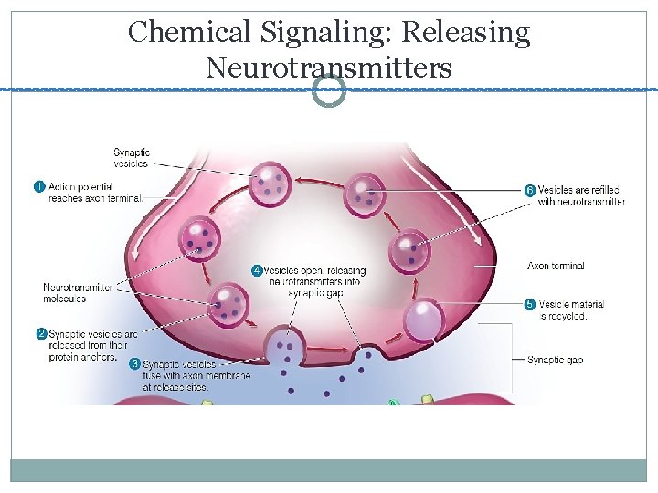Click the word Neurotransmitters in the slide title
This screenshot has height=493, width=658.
point(329,67)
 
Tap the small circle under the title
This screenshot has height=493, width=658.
point(329,90)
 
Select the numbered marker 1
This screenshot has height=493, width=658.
point(39,187)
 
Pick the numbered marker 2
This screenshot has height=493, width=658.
point(41,334)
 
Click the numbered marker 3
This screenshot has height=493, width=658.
point(134,363)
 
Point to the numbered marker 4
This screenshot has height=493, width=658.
point(257,270)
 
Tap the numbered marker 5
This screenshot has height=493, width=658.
point(529,305)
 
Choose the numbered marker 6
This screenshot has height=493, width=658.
point(529,190)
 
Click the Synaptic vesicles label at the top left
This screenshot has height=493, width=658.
point(132,158)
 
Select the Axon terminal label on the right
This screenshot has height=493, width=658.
point(556,266)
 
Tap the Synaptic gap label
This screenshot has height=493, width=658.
point(555,360)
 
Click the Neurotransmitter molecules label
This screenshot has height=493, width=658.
point(78,293)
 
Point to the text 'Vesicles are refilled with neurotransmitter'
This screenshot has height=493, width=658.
point(581,195)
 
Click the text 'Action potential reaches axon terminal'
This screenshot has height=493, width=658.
point(95,193)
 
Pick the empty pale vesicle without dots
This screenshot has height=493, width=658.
point(423,320)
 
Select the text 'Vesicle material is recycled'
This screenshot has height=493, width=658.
point(571,310)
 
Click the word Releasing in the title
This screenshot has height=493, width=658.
point(466,33)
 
